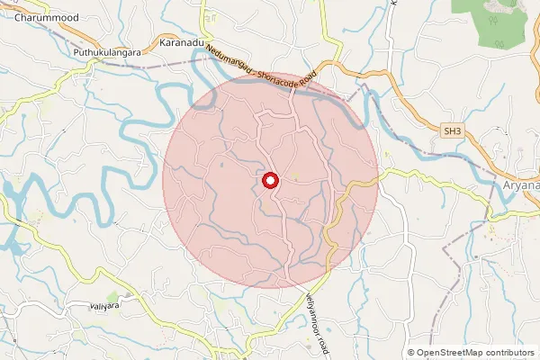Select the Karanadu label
pyautogui.click(x=182, y=42)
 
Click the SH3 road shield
pyautogui.click(x=452, y=131)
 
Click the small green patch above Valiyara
pyautogui.click(x=112, y=296)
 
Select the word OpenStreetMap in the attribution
pyautogui.click(x=448, y=353)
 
